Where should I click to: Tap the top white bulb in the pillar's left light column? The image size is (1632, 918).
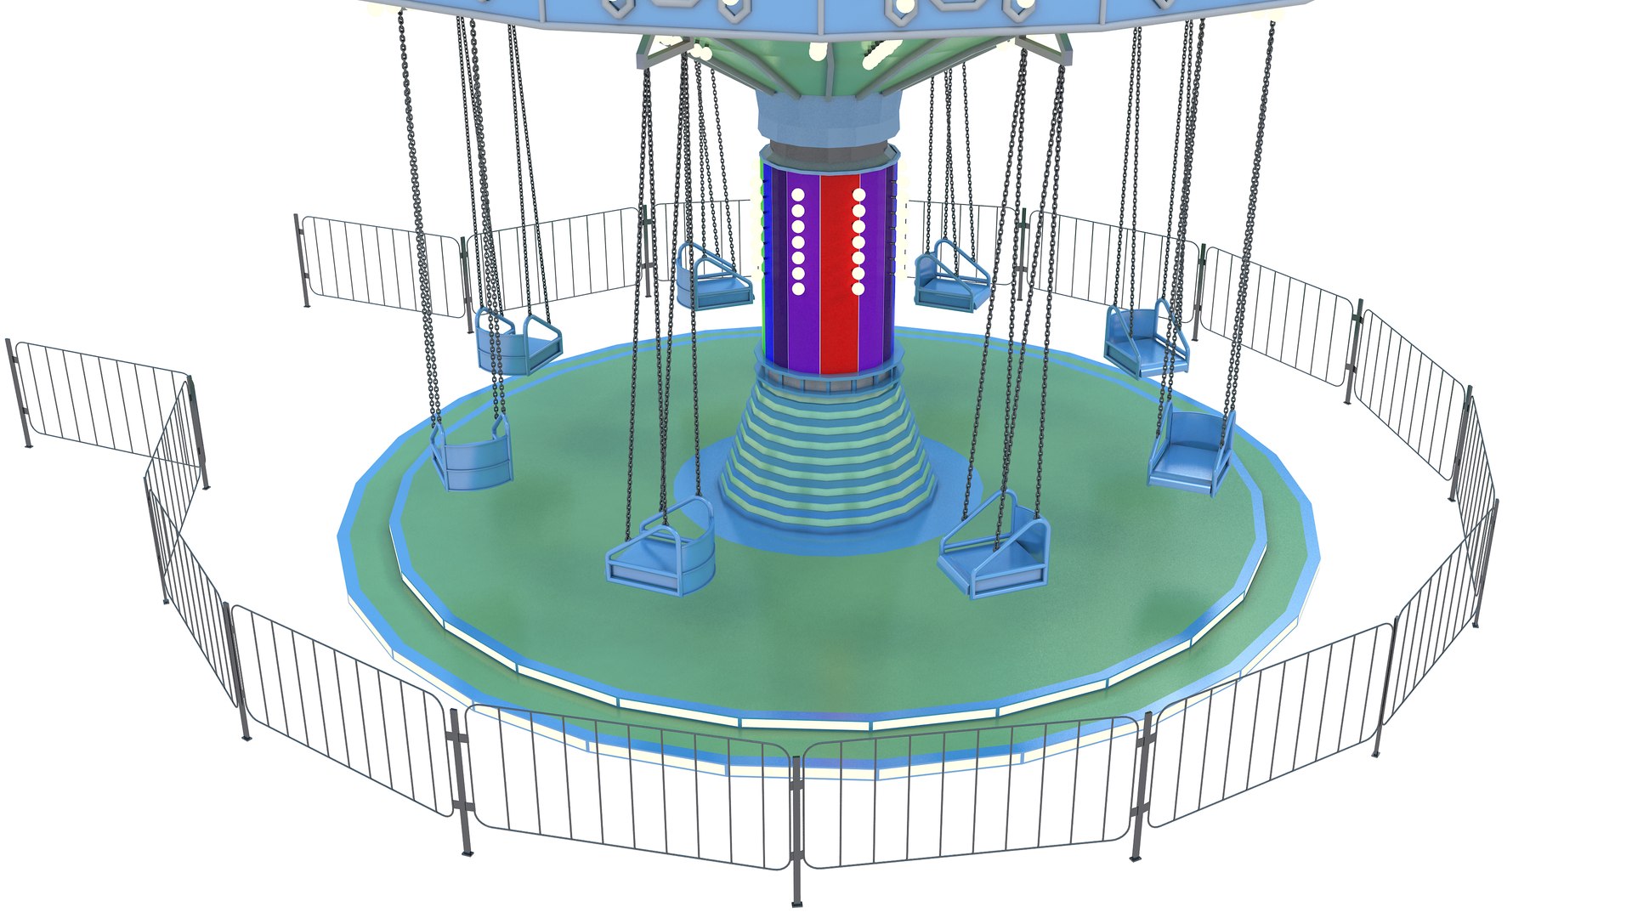coord(798,195)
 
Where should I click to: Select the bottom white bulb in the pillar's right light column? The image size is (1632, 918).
coord(858,289)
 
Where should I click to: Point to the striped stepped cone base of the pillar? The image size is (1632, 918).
coord(827,459)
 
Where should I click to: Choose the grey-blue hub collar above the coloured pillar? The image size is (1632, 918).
coord(827,119)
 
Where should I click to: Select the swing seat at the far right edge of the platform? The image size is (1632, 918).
coord(1190,455)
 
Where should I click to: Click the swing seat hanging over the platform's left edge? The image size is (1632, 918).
coord(472,455)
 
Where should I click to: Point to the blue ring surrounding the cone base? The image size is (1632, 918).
coord(952,510)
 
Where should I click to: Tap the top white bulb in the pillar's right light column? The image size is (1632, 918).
coord(858,195)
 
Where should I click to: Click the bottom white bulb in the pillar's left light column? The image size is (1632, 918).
coord(798,289)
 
